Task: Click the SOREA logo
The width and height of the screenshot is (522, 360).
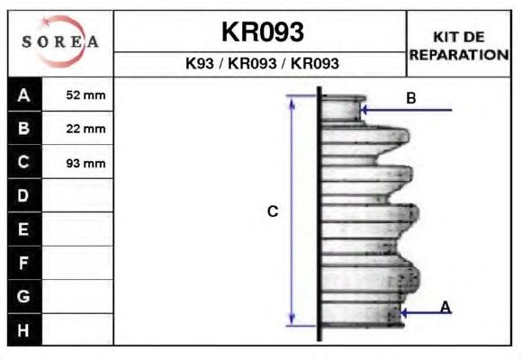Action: coord(60,41)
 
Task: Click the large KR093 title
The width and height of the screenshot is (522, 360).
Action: coord(263,32)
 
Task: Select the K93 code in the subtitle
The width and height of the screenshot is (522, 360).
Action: coord(200,63)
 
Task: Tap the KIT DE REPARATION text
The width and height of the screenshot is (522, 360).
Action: coord(459,46)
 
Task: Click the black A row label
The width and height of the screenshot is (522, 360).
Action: coord(24,94)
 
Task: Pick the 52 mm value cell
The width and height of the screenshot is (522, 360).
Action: coord(85,95)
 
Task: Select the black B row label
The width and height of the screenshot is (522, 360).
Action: coord(24,128)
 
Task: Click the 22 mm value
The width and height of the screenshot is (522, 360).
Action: coord(85,129)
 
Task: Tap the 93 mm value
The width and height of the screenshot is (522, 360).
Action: coord(85,163)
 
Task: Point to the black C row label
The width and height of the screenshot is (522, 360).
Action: coord(24,162)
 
